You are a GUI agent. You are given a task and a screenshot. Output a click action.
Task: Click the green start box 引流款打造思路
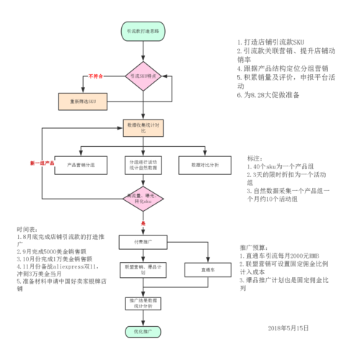[x=143, y=32]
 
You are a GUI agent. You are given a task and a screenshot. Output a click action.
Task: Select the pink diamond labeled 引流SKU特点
[x=143, y=76]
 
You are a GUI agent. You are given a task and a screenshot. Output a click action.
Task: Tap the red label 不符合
[x=97, y=76]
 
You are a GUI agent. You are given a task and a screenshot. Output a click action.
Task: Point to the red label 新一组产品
[x=43, y=163]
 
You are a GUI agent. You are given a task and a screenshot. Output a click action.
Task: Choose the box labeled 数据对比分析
[x=205, y=164]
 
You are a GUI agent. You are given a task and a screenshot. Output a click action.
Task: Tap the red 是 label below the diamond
[x=143, y=224]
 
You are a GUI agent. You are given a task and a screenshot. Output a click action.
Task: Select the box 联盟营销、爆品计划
[x=143, y=269]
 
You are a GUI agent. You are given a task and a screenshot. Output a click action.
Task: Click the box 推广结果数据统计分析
[x=143, y=302]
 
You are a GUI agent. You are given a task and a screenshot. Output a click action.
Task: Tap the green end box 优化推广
[x=143, y=333]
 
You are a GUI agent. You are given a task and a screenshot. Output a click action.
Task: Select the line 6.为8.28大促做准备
[x=274, y=96]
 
